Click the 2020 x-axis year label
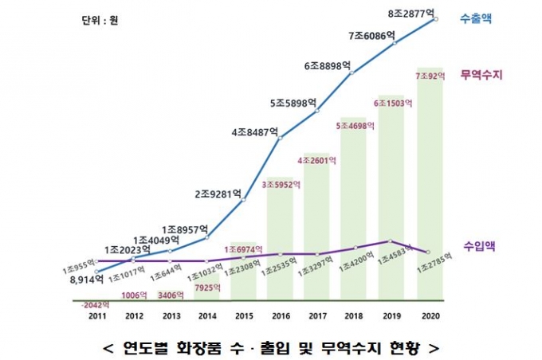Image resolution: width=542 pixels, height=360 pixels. tap(431, 315)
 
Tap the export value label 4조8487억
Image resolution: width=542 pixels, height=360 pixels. tap(254, 132)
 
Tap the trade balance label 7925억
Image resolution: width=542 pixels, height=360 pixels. tap(206, 287)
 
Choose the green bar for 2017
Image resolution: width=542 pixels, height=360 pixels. tap(317, 231)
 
